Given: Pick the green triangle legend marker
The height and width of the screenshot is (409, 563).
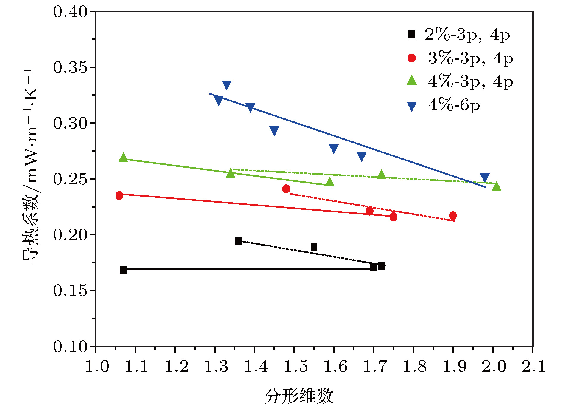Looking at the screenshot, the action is [x=412, y=80].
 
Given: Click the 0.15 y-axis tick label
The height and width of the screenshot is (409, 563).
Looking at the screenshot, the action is [x=71, y=291].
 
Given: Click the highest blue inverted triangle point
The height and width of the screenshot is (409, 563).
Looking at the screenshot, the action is [x=227, y=85].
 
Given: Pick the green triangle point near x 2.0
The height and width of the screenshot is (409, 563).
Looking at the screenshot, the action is [x=497, y=186].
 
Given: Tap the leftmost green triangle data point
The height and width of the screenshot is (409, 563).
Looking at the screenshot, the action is [x=123, y=158].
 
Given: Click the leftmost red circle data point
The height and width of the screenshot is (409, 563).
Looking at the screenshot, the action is [x=119, y=196].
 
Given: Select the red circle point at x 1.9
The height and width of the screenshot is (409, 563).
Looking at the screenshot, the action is [x=453, y=216].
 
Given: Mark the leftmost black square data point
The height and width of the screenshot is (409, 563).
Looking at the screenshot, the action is [x=123, y=270].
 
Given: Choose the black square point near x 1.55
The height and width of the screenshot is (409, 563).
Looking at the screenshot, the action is [x=314, y=247].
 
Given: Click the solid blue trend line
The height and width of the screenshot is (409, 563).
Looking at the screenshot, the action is [x=347, y=140].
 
